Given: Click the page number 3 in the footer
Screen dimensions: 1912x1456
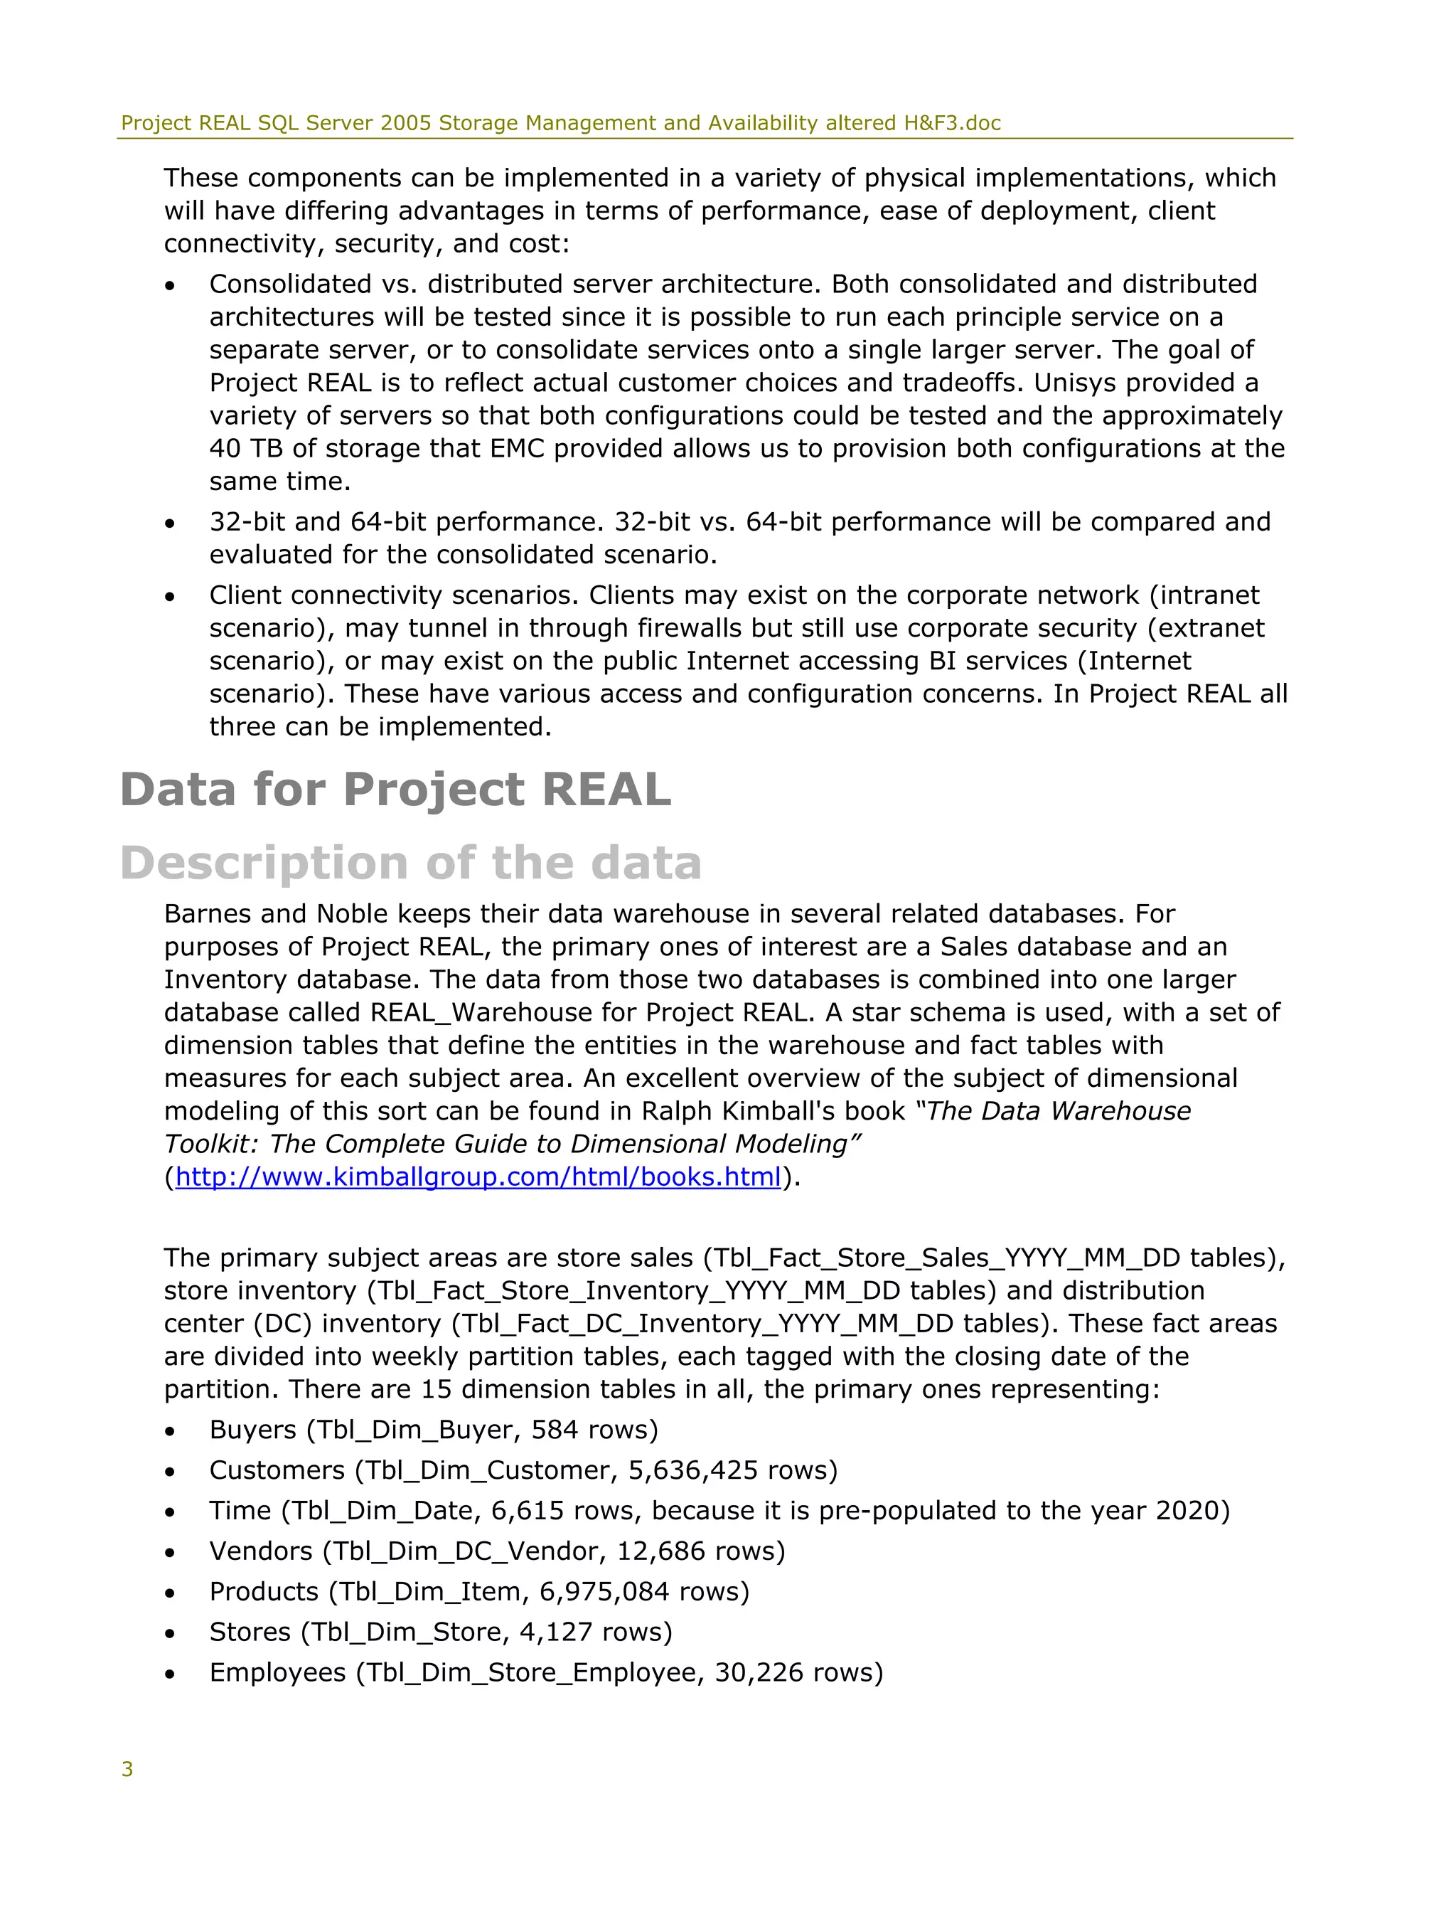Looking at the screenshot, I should pos(127,1770).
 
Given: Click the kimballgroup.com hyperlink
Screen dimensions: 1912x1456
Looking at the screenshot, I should pos(478,1177).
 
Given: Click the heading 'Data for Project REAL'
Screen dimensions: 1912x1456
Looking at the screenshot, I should pos(395,790).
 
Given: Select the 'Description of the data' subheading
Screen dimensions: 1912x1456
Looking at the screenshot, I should pos(411,864).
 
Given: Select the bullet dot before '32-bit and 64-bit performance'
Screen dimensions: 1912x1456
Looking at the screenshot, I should pos(170,524).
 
